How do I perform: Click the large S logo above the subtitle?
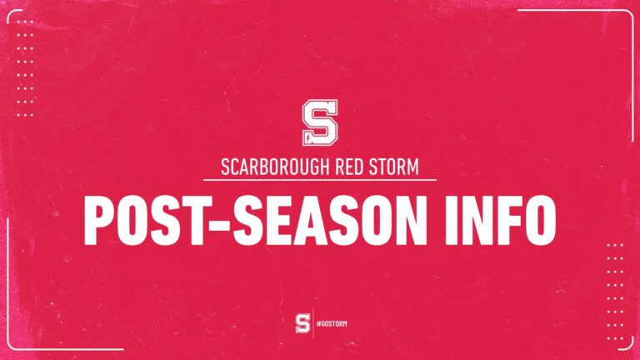click(319, 122)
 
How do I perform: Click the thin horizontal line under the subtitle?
click(320, 180)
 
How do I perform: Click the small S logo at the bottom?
click(303, 322)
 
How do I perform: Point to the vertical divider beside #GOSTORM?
click(313, 322)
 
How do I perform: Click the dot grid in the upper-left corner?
click(26, 75)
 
